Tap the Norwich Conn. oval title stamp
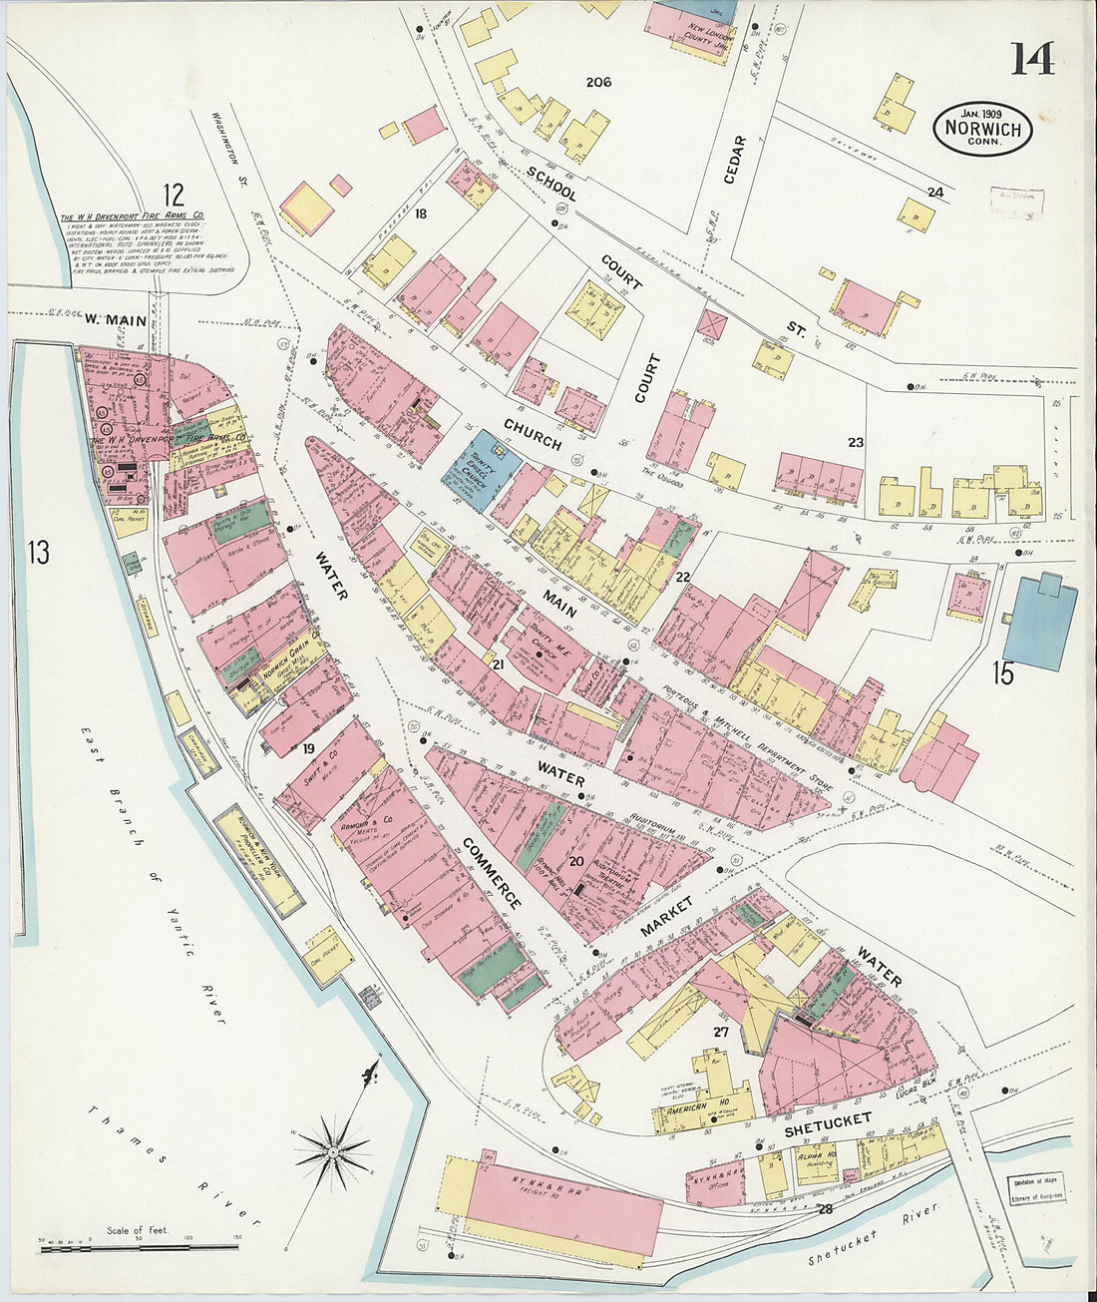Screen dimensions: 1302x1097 pyautogui.click(x=982, y=128)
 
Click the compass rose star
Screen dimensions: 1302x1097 pyautogui.click(x=332, y=1153)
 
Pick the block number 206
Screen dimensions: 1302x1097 pyautogui.click(x=598, y=82)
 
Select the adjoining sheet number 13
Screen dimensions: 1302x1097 pyautogui.click(x=38, y=552)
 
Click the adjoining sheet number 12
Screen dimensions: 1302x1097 pyautogui.click(x=175, y=193)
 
